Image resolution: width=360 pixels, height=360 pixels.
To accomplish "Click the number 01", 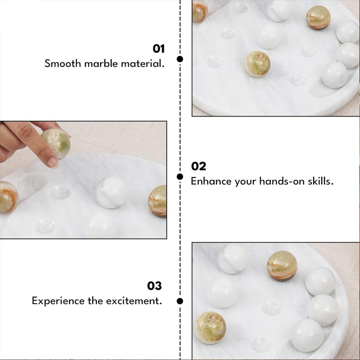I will (159, 49).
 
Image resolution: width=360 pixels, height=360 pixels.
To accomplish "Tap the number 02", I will (198, 166).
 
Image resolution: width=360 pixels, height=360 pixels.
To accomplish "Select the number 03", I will (154, 286).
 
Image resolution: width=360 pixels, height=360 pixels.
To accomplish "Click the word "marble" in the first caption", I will (102, 63).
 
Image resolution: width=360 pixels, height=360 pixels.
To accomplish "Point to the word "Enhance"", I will (211, 181).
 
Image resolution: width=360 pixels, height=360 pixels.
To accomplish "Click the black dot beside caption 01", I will (180, 59).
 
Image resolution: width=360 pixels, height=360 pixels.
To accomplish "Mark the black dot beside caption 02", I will (180, 176).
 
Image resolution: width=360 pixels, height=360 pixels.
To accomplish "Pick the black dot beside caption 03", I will (180, 301).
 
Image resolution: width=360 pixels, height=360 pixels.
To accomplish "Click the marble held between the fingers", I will (56, 143).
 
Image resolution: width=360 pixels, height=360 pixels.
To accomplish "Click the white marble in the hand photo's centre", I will (111, 192).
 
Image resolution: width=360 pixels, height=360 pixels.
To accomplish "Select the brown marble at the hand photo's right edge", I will (158, 201).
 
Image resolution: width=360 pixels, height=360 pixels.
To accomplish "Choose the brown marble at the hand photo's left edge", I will (8, 197).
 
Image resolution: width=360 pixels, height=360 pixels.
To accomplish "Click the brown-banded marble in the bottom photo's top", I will (282, 265).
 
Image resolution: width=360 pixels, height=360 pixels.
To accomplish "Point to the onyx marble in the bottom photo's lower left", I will (210, 327).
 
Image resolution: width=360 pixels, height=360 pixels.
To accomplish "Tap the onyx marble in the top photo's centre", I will (257, 64).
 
